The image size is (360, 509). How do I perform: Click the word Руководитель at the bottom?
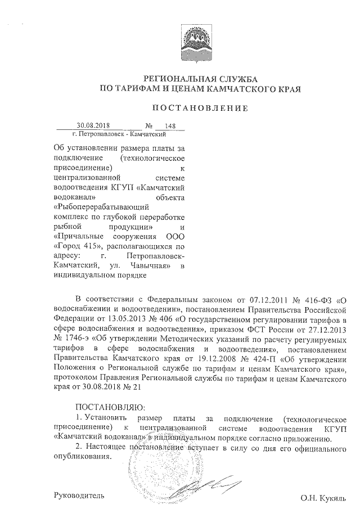point(78,495)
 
